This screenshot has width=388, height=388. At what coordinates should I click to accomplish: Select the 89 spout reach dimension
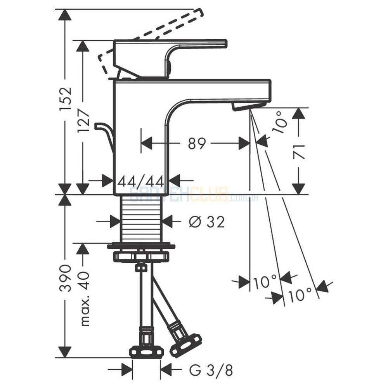[197, 144]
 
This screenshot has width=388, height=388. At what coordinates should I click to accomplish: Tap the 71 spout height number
[298, 151]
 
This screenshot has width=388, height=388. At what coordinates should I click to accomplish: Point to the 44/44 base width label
[141, 181]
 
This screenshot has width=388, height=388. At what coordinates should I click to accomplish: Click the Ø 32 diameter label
[207, 222]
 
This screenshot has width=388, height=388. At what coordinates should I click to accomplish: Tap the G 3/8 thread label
[211, 371]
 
